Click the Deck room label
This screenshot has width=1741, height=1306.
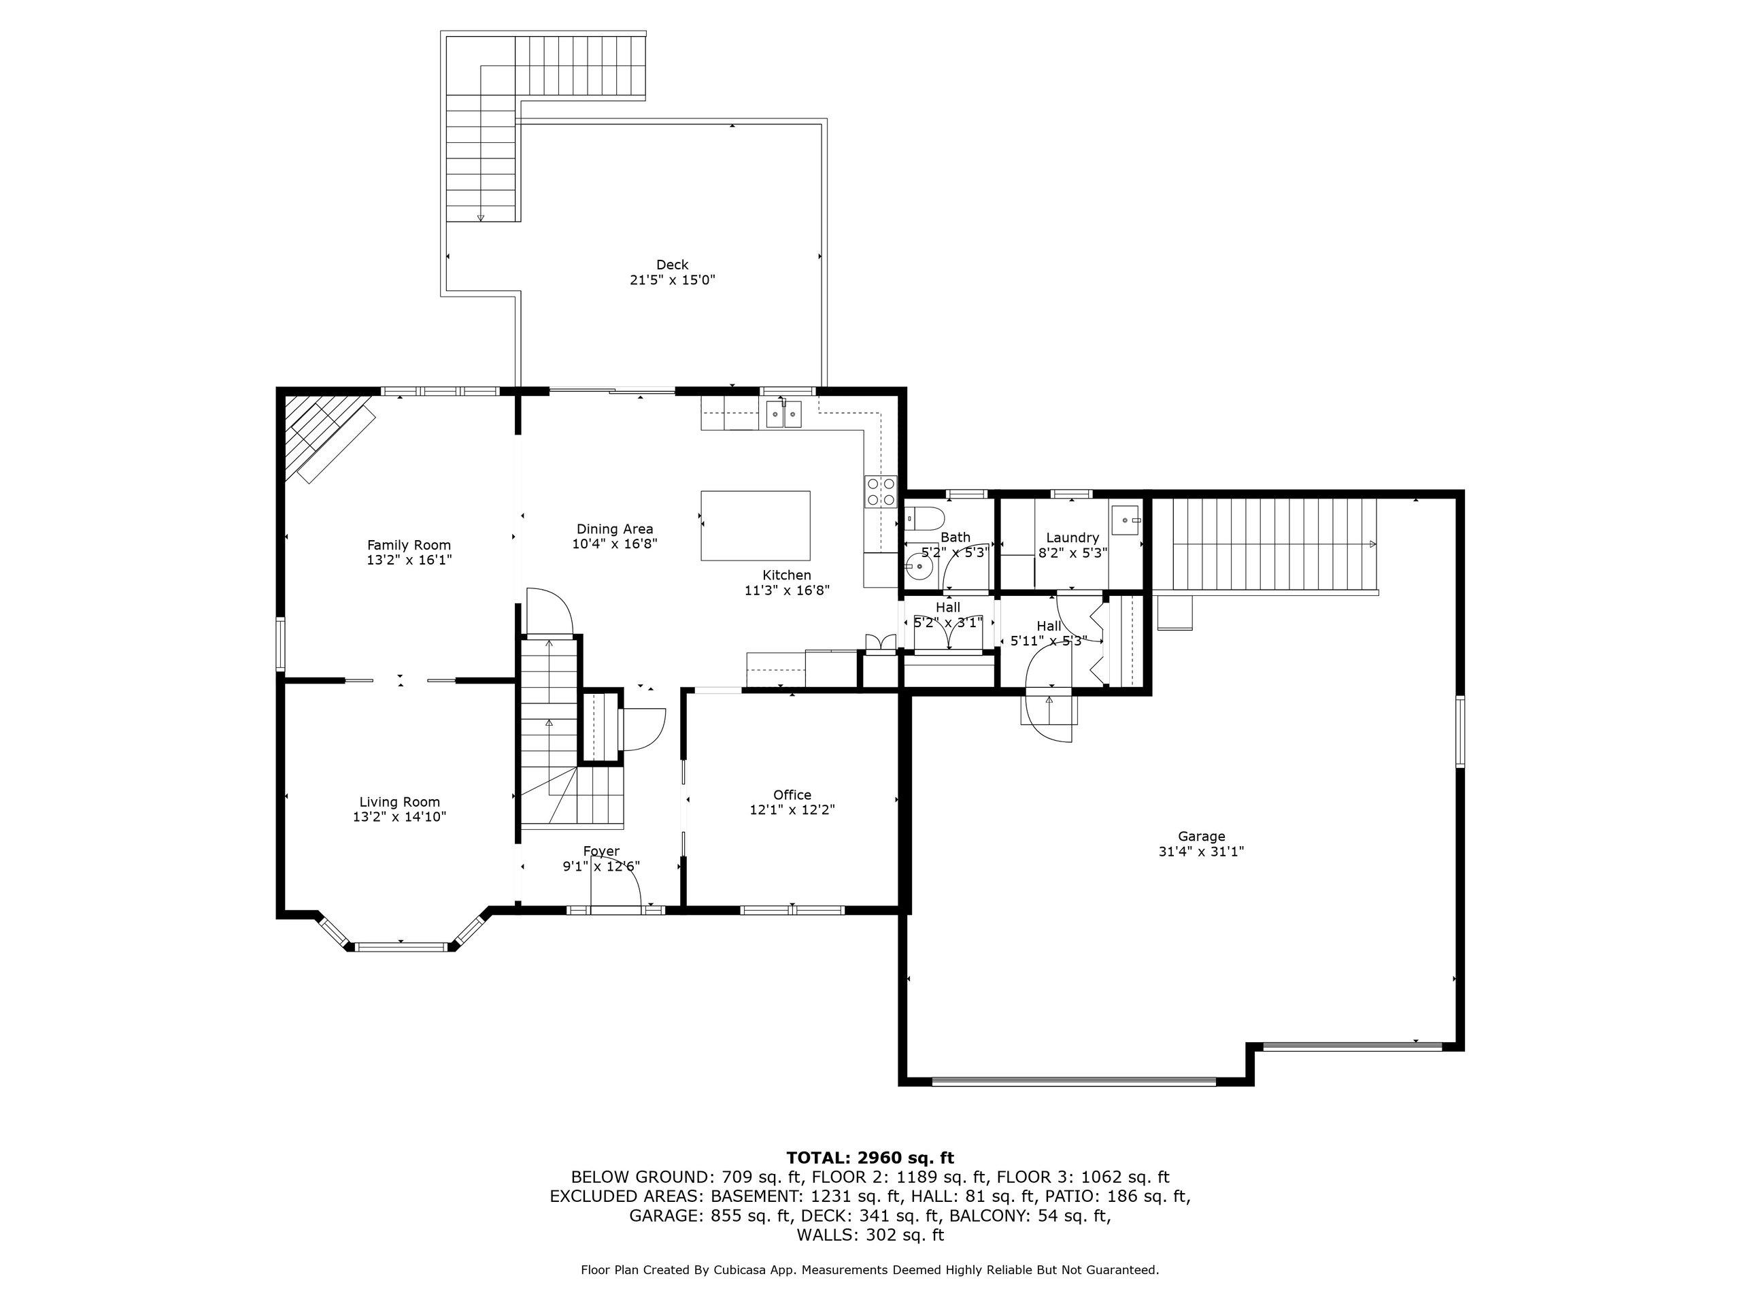(672, 265)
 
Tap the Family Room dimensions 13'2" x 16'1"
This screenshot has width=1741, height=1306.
(409, 560)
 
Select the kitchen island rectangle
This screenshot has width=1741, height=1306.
(756, 526)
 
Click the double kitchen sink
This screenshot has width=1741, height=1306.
(784, 414)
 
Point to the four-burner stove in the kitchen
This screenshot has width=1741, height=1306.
(880, 491)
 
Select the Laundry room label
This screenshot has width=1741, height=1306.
(1072, 537)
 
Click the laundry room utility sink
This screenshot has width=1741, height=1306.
(1127, 520)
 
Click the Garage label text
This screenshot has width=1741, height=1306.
(1201, 837)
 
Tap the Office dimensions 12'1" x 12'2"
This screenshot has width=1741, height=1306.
(792, 809)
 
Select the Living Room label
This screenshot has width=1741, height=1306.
(400, 802)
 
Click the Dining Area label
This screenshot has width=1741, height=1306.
(615, 529)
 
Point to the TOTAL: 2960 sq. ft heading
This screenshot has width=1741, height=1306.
(870, 1157)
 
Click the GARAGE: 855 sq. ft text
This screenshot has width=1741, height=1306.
(709, 1216)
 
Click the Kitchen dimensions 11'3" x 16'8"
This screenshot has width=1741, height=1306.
(787, 590)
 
